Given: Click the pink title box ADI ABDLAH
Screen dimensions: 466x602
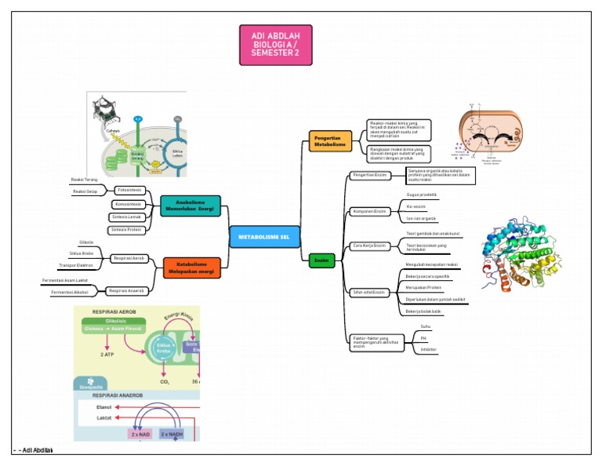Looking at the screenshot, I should click(275, 45).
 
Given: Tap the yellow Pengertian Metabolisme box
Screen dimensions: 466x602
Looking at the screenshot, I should click(330, 140).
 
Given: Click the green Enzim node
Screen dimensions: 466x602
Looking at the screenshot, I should click(321, 260).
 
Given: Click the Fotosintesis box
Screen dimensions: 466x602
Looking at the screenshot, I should click(129, 191).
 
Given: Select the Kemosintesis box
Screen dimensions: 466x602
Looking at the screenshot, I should click(128, 204).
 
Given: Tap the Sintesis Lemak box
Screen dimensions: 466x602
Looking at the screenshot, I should click(126, 217).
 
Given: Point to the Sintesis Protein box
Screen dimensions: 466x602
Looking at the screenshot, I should click(126, 230).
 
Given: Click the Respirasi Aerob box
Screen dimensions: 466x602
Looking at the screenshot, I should click(129, 258).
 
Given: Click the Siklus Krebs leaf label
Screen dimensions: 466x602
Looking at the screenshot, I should click(82, 253).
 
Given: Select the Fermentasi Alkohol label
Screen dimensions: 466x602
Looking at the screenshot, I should click(69, 293).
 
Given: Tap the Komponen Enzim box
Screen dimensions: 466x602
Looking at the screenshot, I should click(369, 211).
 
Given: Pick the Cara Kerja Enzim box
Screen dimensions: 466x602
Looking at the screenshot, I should click(369, 246).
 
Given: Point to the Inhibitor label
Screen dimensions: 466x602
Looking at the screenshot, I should click(428, 349).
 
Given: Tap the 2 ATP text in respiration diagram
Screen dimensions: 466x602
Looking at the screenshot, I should click(107, 354).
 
